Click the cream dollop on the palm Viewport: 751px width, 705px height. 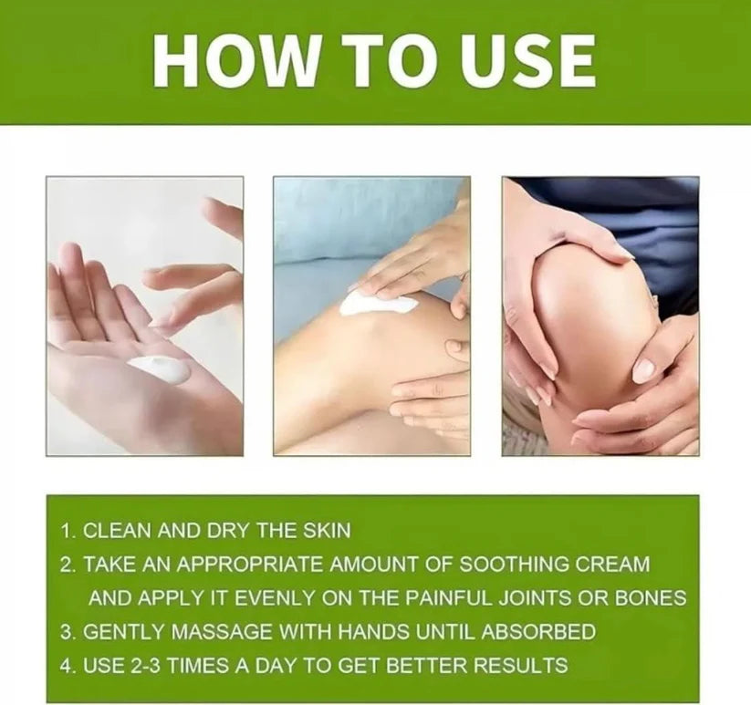pyautogui.click(x=160, y=368)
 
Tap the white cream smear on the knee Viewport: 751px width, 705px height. pyautogui.click(x=376, y=304)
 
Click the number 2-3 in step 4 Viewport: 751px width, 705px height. pyautogui.click(x=135, y=665)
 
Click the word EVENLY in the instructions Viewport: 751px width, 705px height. pyautogui.click(x=265, y=598)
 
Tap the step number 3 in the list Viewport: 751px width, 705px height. pyautogui.click(x=67, y=631)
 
